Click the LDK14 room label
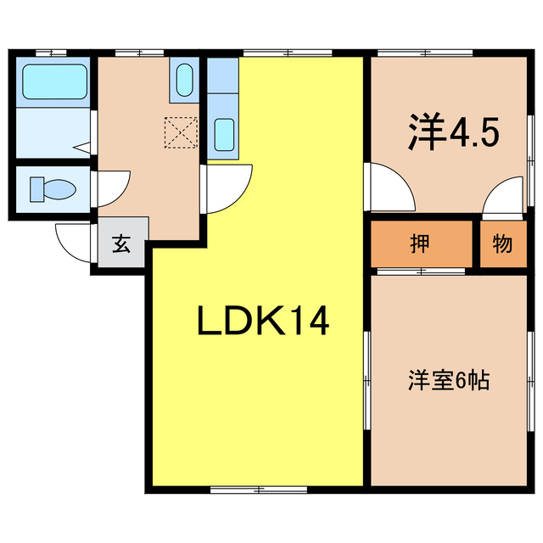[262, 322]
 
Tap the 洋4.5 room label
[453, 132]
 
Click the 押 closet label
[420, 244]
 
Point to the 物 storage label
[502, 244]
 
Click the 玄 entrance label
[121, 245]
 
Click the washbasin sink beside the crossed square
[184, 81]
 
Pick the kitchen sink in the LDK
[224, 134]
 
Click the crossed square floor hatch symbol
[179, 132]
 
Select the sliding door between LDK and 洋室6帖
[367, 382]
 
